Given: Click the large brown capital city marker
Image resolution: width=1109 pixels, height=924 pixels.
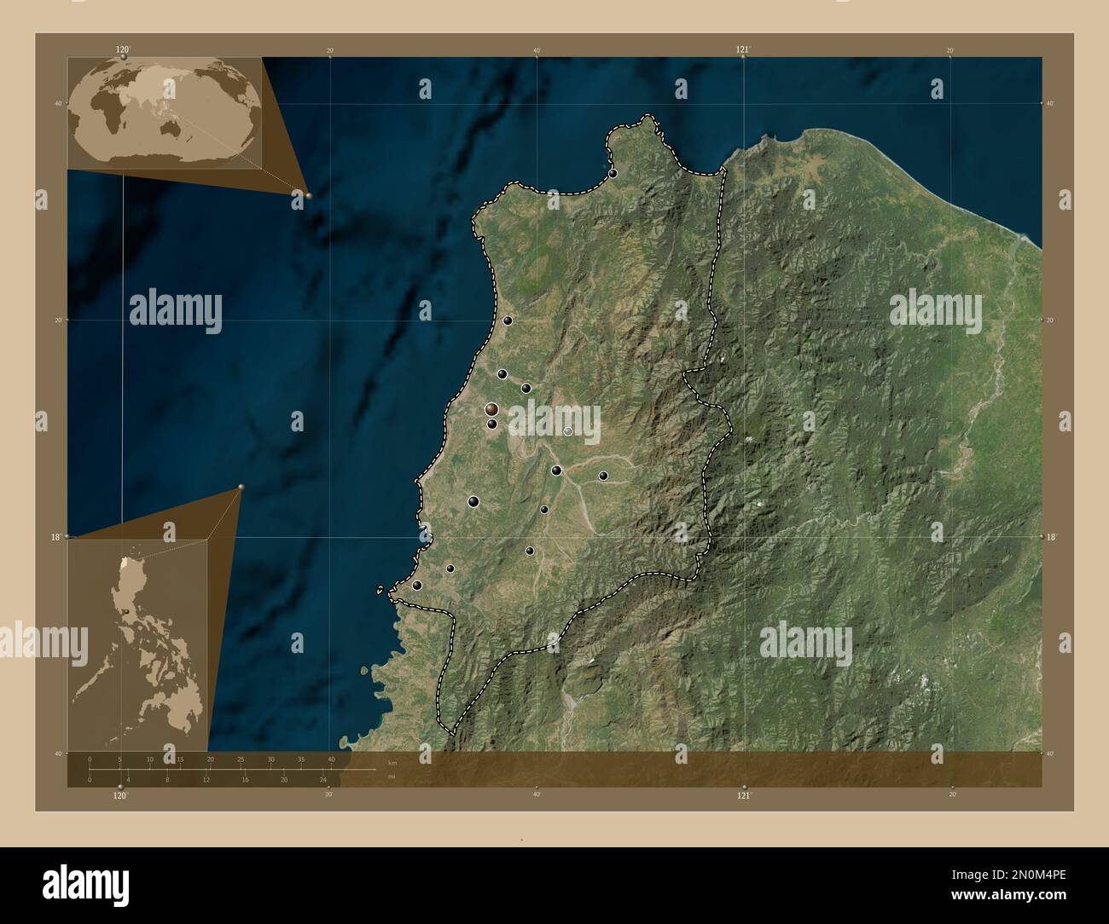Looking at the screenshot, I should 491,410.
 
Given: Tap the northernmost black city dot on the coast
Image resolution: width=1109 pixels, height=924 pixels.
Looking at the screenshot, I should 613,174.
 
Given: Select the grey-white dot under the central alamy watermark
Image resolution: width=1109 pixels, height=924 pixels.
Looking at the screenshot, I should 568,431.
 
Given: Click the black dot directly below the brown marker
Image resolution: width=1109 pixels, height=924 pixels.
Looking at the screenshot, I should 492,424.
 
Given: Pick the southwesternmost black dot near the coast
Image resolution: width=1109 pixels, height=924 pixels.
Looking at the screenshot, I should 416,586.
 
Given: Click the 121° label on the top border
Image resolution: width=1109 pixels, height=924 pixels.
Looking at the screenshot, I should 744,50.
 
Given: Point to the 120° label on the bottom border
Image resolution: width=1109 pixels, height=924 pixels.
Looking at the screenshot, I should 120,795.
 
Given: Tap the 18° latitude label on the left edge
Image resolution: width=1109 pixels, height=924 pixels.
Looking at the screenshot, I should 54,537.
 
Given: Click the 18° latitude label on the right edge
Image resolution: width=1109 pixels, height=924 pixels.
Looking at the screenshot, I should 1051,537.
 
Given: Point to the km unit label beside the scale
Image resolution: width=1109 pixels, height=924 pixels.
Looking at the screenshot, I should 392,762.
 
